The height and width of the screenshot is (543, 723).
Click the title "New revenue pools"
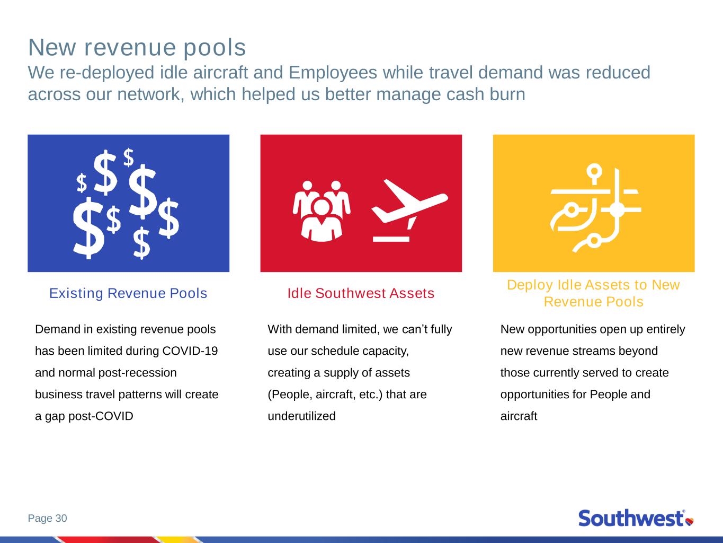click(x=137, y=48)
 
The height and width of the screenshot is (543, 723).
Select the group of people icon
click(x=322, y=211)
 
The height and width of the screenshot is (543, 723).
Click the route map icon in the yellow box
click(x=596, y=208)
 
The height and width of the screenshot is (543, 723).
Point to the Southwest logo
click(x=636, y=518)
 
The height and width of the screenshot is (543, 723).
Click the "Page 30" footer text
click(x=48, y=518)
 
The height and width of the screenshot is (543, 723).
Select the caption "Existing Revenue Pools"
click(x=128, y=293)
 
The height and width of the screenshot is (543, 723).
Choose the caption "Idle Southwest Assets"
click(x=361, y=293)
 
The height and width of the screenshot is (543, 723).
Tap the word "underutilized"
click(x=302, y=416)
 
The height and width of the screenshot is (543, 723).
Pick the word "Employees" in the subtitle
click(x=333, y=73)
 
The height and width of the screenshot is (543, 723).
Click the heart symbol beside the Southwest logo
click(x=690, y=522)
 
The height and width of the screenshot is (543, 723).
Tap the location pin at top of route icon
click(x=594, y=174)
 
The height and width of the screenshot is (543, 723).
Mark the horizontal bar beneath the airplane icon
click(x=391, y=239)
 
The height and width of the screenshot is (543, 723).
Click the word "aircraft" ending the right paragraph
click(x=519, y=416)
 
